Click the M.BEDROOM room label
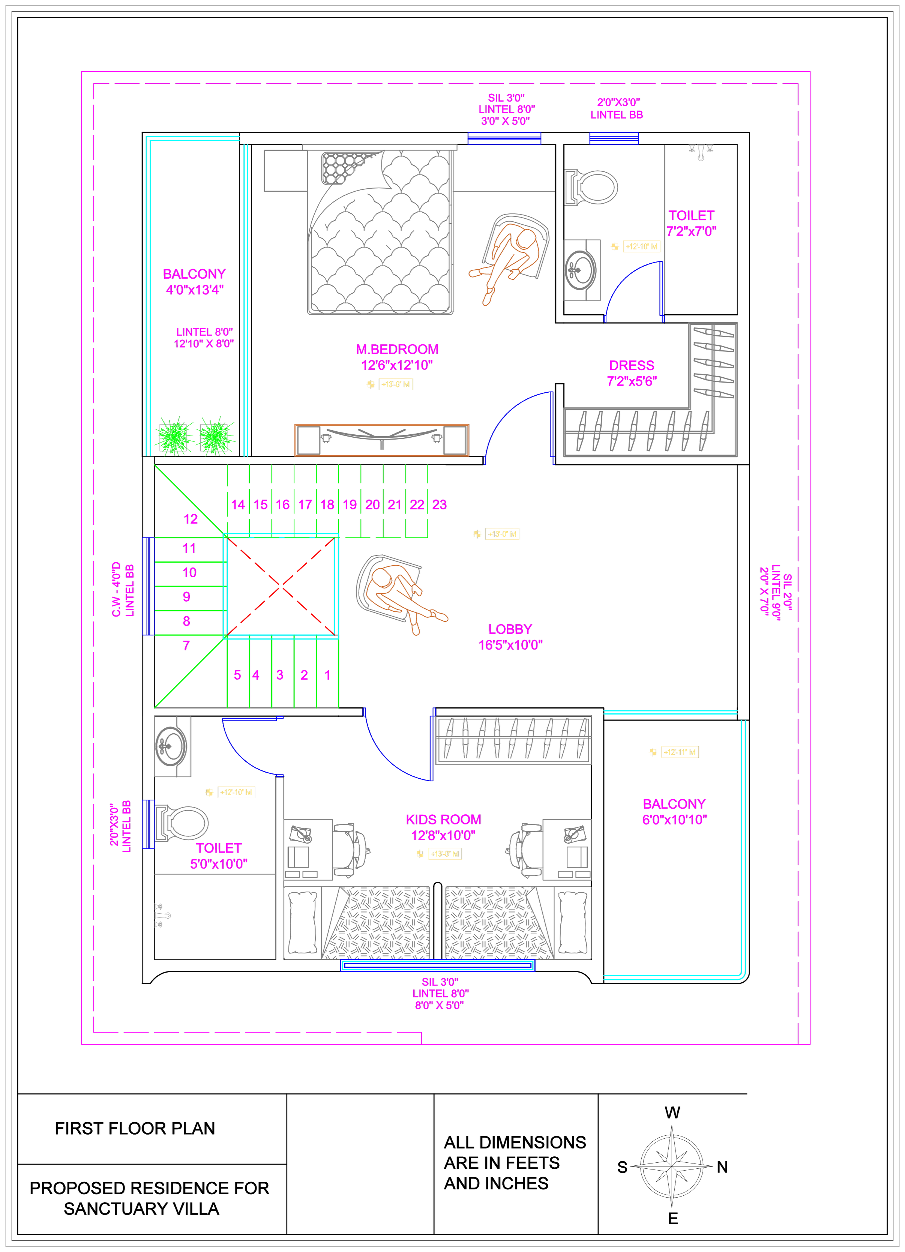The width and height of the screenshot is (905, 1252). pyautogui.click(x=396, y=349)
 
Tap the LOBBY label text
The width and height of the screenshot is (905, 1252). pyautogui.click(x=510, y=629)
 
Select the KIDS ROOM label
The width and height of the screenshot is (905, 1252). pyautogui.click(x=443, y=819)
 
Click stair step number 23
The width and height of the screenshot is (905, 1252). pyautogui.click(x=439, y=504)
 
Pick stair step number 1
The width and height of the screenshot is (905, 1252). pyautogui.click(x=327, y=675)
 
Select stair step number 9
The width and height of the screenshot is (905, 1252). pyautogui.click(x=187, y=597)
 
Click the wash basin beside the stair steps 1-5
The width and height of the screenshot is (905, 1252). pyautogui.click(x=173, y=747)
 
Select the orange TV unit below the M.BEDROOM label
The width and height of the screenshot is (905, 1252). pyautogui.click(x=382, y=440)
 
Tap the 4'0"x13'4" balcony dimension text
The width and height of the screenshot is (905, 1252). pyautogui.click(x=195, y=290)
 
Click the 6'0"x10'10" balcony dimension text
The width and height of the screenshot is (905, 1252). pyautogui.click(x=674, y=820)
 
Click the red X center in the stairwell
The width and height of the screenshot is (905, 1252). pyautogui.click(x=281, y=585)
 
